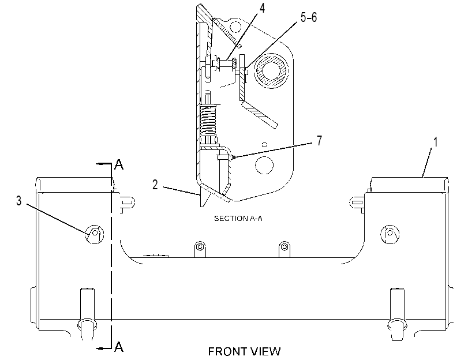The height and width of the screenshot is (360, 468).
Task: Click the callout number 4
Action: pos(262,8)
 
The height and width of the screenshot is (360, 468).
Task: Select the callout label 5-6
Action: pos(309,18)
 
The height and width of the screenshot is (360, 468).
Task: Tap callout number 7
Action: pos(319,140)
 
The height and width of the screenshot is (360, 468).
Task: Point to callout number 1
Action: pos(436,142)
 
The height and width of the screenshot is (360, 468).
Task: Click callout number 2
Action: pos(155,185)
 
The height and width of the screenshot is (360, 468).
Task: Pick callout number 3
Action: pos(19,201)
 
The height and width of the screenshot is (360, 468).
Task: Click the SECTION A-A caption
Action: pos(238,219)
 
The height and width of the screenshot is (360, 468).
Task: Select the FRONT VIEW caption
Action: pos(245,351)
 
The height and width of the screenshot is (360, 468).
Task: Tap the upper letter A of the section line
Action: pos(119,165)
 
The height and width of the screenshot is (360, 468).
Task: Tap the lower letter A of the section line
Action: pos(119,347)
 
